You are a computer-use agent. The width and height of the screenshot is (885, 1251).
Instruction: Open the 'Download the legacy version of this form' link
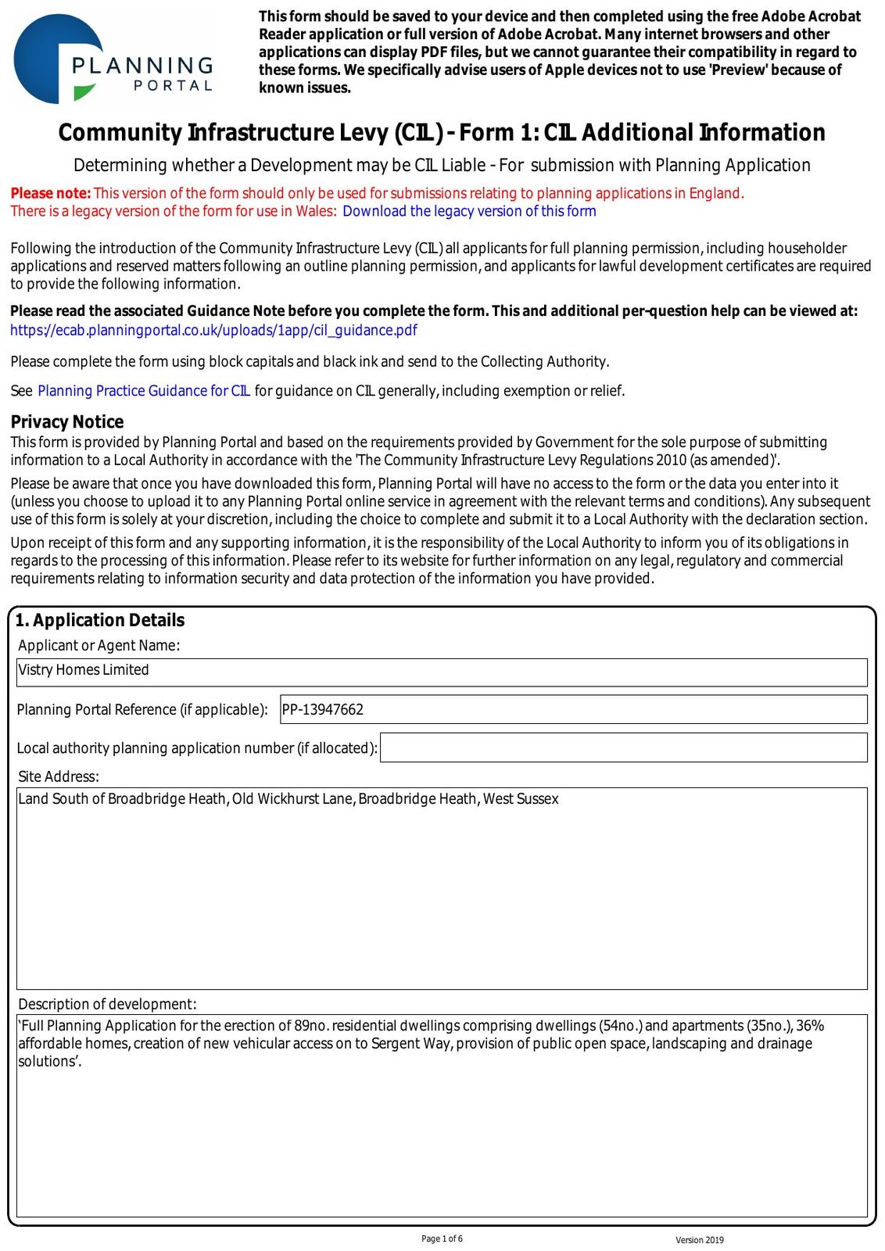469,211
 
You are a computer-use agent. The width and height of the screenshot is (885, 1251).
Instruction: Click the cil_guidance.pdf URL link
213,330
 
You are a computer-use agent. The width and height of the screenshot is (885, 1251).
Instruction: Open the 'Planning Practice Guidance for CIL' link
144,391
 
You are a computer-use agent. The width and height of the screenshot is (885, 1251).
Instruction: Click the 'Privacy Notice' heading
67,422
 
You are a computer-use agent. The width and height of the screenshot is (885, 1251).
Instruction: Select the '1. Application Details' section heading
100,620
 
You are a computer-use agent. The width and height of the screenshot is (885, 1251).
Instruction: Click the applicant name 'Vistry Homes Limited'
84,670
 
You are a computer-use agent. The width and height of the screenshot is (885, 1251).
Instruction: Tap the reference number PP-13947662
323,710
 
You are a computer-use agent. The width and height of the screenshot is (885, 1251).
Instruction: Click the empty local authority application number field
623,747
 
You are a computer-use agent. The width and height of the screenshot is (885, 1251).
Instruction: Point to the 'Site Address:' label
59,776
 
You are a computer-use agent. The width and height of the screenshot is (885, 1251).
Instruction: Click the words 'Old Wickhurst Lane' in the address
292,799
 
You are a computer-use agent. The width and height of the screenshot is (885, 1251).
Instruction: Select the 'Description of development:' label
107,1004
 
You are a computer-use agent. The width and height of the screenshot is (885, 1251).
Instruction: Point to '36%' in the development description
810,1026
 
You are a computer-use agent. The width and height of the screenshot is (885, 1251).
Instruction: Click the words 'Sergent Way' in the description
406,1044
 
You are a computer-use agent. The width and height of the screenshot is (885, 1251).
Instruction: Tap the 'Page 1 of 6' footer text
442,1238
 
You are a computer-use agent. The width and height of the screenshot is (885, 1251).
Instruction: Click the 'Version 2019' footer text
700,1240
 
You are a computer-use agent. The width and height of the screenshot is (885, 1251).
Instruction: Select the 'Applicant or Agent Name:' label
99,645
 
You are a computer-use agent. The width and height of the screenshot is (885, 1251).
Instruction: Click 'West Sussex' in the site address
521,799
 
